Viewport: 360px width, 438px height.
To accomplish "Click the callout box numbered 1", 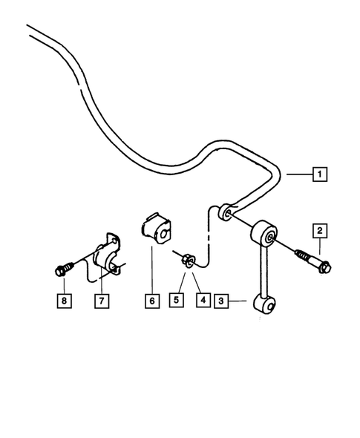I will point(320,175).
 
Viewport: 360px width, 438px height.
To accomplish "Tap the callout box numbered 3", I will point(221,301).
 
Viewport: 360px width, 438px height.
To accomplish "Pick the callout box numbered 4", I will point(201,301).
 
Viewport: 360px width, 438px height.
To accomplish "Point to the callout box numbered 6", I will point(152,301).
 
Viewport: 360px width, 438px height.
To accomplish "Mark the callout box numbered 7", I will point(100,301).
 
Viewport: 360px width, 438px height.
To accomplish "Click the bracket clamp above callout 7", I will point(106,255).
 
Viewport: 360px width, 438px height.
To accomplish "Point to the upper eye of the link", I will point(266,237).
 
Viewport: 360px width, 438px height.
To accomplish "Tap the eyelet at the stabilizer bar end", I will point(226,215).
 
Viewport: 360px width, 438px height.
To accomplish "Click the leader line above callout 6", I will point(152,271).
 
